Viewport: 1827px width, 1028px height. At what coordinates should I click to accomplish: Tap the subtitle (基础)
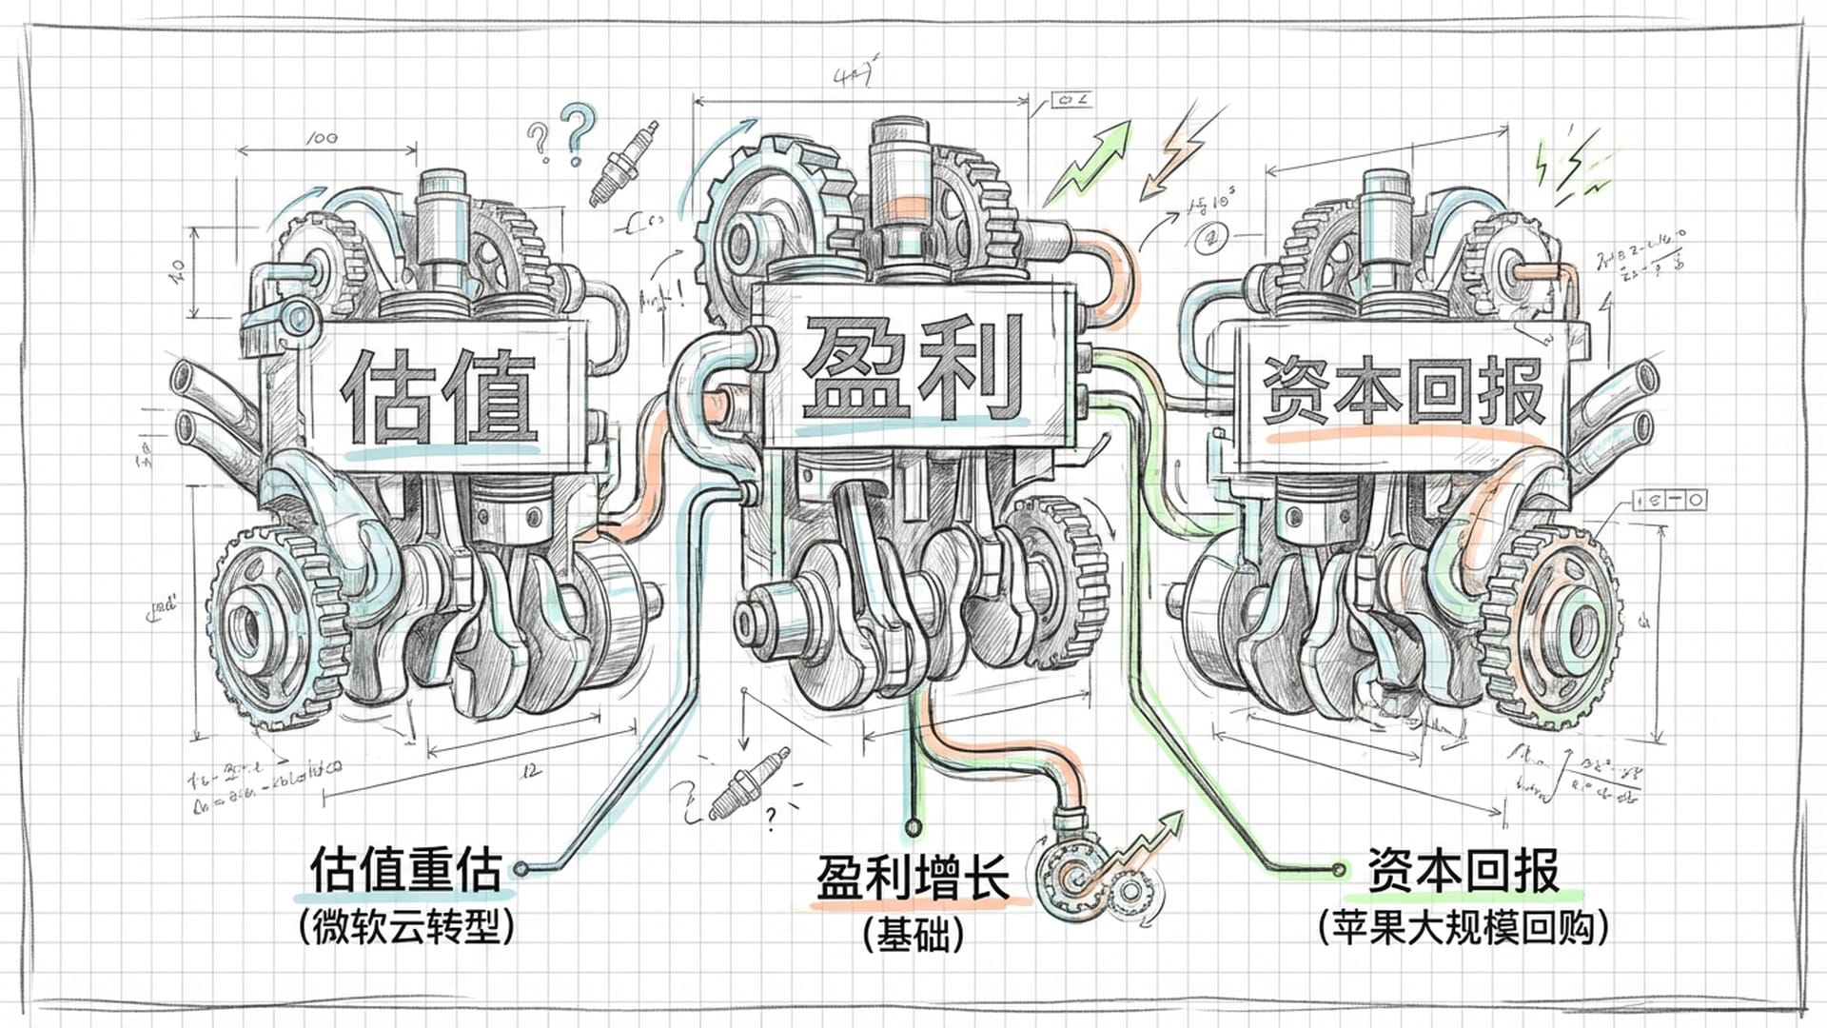(x=913, y=935)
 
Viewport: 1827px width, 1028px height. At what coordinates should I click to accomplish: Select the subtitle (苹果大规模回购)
(x=1464, y=926)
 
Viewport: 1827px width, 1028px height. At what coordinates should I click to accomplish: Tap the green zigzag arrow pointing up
(x=1090, y=162)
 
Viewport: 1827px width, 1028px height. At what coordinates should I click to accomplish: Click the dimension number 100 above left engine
(x=322, y=137)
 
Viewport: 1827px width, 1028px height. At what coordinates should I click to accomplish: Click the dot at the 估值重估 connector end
(x=521, y=868)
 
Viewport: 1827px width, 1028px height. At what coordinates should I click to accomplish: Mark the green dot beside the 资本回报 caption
(x=1340, y=868)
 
